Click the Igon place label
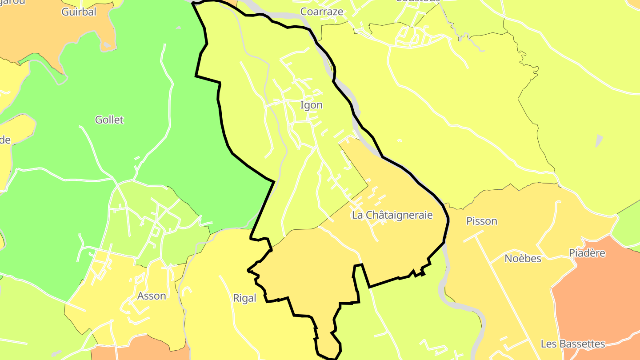[311, 105]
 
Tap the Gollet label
[109, 120]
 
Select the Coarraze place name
[322, 12]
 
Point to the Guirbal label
[79, 12]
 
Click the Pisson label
[482, 221]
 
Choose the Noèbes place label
[523, 258]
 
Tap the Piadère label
[587, 253]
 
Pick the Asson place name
[152, 296]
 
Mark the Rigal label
[244, 298]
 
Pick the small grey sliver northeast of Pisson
[600, 141]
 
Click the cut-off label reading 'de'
[5, 140]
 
